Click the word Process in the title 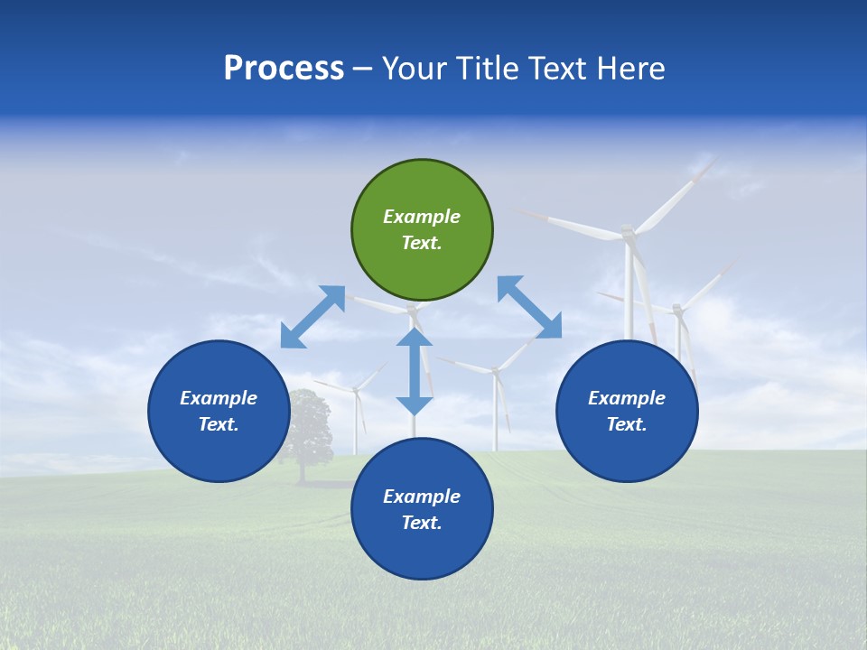coord(284,69)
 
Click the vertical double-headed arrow coord(415,371)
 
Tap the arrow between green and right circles coord(529,307)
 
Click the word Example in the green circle coord(422,217)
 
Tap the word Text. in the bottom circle coord(422,523)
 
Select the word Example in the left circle coord(219,398)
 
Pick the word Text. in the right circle coord(627,424)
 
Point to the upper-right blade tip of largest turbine coord(713,162)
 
